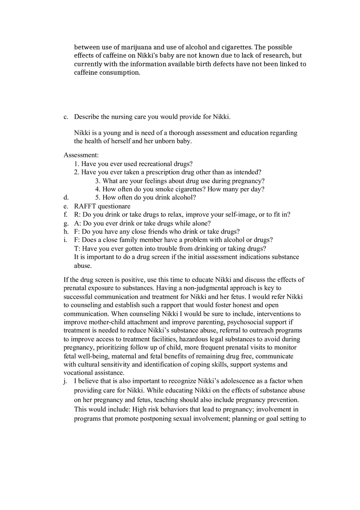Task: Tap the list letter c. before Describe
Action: (66, 117)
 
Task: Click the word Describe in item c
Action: (86, 117)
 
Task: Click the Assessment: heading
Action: (81, 155)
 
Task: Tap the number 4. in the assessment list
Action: (98, 189)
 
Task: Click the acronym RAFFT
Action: (85, 206)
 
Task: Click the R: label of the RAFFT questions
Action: (77, 215)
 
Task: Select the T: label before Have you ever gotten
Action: (77, 249)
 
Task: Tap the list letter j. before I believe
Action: (65, 381)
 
